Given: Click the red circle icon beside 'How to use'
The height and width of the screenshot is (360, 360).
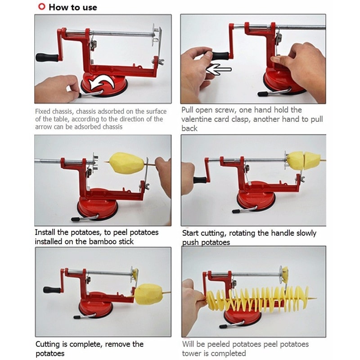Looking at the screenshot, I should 41,7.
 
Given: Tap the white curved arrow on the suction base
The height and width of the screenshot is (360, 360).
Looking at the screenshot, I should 102,84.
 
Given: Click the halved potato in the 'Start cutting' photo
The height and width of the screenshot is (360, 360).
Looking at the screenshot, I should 304,160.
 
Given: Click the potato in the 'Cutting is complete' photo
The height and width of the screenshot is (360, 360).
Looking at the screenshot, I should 148,294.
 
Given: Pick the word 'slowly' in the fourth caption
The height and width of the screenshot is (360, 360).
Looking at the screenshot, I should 305,233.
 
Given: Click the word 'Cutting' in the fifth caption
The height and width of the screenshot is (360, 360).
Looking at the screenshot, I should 49,344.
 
